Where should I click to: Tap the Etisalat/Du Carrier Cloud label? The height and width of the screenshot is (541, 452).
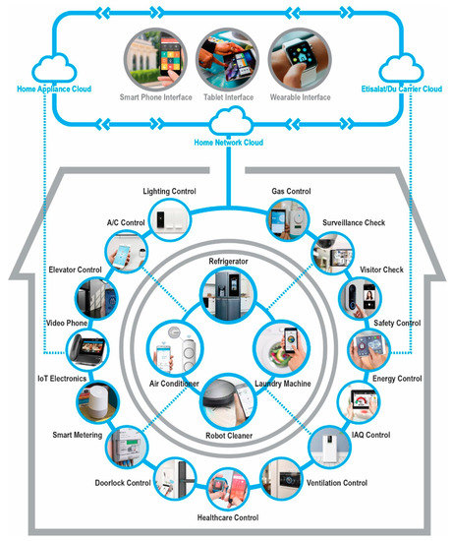[x=401, y=90]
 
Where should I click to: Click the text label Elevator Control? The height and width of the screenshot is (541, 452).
[x=75, y=270]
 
